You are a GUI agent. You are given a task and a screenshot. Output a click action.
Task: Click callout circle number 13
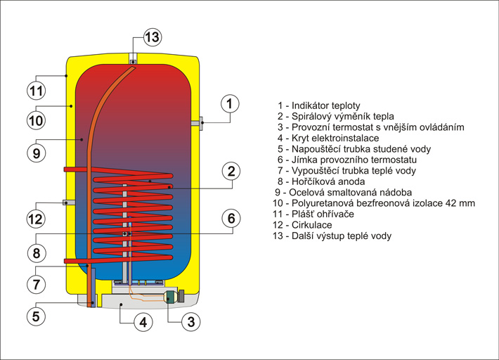[x=153, y=37]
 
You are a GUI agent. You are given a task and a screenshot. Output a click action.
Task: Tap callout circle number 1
[x=229, y=105]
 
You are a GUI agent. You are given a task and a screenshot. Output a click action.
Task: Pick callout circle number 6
[x=231, y=218]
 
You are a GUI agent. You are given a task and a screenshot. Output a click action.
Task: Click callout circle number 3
[x=190, y=322]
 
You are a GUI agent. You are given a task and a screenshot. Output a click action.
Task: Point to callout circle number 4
[x=143, y=322]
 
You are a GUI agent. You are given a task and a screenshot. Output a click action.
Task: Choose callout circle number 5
[x=36, y=316]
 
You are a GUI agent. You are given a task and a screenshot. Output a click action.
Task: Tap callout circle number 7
[x=36, y=284]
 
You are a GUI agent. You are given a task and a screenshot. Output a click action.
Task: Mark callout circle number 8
[x=36, y=252]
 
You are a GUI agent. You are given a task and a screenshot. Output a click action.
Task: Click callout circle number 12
[x=36, y=219]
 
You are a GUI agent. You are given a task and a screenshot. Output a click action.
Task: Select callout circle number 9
[x=36, y=151]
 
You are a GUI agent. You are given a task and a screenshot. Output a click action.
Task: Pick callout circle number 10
[x=36, y=120]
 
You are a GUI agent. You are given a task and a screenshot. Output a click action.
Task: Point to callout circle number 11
[x=36, y=90]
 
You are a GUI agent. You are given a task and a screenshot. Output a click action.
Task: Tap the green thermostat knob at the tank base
[x=170, y=297]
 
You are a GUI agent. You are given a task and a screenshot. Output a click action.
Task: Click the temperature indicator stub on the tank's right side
[x=196, y=123]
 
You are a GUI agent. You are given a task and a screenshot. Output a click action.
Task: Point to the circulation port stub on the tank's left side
[x=69, y=202]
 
